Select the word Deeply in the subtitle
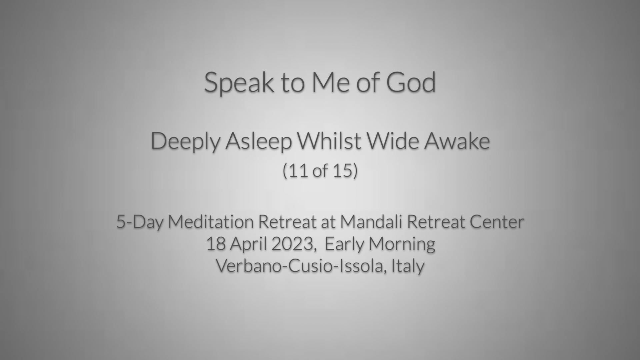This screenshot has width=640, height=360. (185, 142)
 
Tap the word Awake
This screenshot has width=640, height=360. (457, 141)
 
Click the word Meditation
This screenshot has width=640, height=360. (211, 222)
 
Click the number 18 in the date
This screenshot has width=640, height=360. (216, 244)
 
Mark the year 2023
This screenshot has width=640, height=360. (292, 244)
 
